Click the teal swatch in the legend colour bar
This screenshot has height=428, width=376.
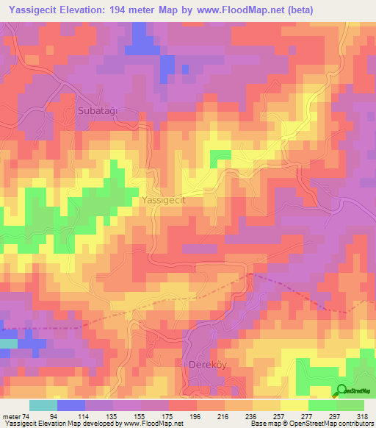[x=43, y=405]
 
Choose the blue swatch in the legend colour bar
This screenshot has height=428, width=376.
[x=71, y=405]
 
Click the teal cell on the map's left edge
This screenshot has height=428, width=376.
[x=7, y=343]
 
